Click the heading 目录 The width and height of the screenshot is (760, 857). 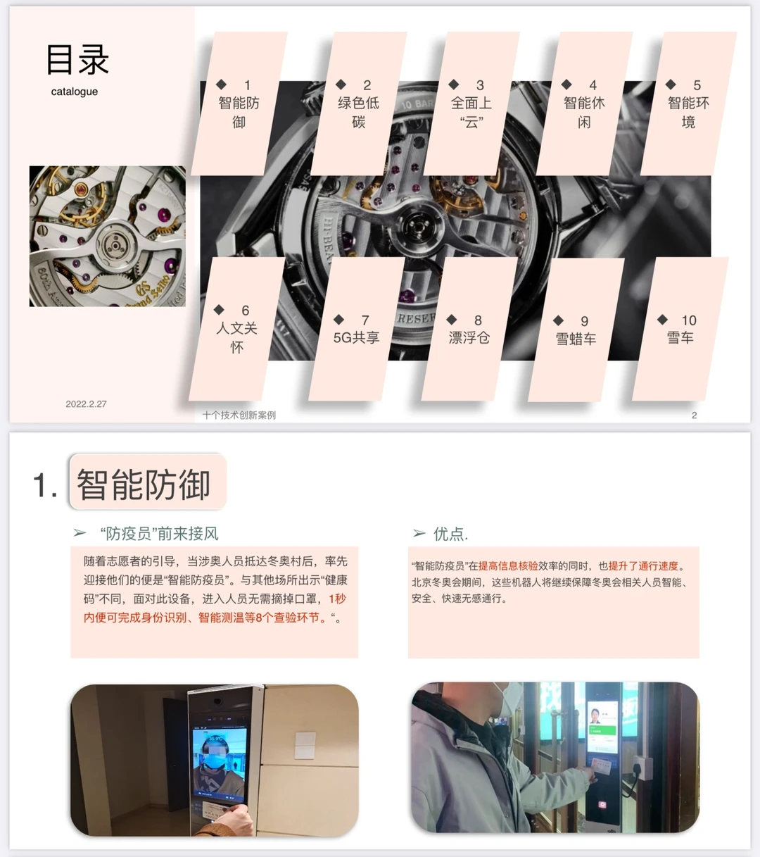coord(77,60)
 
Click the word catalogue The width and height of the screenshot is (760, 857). coord(75,92)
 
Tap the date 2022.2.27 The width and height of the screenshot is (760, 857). coord(86,404)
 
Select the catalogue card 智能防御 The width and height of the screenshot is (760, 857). coord(239,104)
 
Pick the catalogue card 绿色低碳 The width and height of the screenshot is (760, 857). coord(359,104)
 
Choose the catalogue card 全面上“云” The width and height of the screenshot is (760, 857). coord(471,104)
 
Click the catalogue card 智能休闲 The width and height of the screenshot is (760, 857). coord(584,104)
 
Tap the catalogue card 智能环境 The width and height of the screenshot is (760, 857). coord(688,104)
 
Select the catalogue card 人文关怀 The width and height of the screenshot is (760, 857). coord(236,330)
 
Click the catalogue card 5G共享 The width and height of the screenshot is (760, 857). coord(356,330)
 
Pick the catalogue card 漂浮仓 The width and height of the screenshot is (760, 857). coord(469,330)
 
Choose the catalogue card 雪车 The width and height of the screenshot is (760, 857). coord(680,330)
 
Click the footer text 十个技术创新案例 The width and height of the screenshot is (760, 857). coord(239,415)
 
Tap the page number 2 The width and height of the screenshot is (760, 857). coord(694,415)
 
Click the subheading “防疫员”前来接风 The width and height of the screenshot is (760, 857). coord(160,534)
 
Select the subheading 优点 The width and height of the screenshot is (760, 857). coord(450,534)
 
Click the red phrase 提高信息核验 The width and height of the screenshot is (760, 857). coord(508,566)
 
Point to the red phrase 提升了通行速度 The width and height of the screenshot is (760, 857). coord(644,566)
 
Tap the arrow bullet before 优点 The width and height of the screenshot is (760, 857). coord(419,534)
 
